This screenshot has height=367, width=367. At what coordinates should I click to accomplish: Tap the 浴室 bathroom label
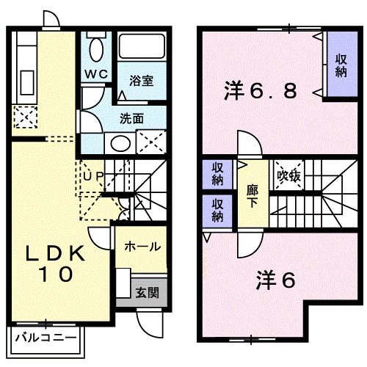pyautogui.click(x=142, y=80)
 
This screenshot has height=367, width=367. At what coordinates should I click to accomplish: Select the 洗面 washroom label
pyautogui.click(x=131, y=117)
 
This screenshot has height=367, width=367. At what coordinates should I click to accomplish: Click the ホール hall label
pyautogui.click(x=142, y=247)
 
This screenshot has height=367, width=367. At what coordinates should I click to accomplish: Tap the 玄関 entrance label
pyautogui.click(x=147, y=292)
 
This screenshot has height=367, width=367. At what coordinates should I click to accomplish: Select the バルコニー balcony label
pyautogui.click(x=45, y=340)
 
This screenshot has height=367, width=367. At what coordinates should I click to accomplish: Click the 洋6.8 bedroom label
pyautogui.click(x=261, y=91)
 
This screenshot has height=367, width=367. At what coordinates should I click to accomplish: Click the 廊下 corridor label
pyautogui.click(x=252, y=195)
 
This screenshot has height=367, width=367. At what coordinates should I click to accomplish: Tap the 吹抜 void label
pyautogui.click(x=288, y=176)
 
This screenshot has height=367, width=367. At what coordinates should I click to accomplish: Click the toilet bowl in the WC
pyautogui.click(x=95, y=48)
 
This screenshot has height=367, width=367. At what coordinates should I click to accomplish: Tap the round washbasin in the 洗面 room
pyautogui.click(x=120, y=142)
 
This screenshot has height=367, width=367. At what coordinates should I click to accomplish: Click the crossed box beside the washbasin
pyautogui.click(x=149, y=141)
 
